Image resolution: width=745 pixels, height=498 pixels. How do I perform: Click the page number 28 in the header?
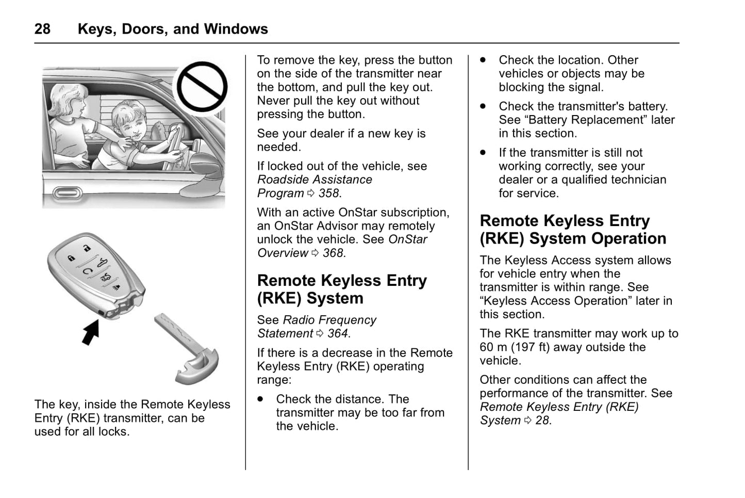[x=42, y=29]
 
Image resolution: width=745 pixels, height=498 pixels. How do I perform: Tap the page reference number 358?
[x=329, y=194]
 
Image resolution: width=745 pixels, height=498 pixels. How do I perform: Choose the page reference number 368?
[x=333, y=253]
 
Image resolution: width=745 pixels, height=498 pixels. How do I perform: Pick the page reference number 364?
[x=338, y=334]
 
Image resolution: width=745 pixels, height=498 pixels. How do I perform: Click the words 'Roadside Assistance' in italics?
[x=314, y=180]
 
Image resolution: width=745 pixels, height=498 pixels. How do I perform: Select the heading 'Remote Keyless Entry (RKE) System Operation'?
[x=573, y=230]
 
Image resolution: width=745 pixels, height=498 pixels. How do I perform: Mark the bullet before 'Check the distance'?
[x=261, y=399]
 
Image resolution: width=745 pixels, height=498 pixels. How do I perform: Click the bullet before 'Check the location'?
[x=483, y=60]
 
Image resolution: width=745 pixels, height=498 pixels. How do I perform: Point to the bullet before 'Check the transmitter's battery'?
[x=483, y=106]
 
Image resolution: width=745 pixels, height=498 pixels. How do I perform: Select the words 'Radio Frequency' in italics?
[x=329, y=320]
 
